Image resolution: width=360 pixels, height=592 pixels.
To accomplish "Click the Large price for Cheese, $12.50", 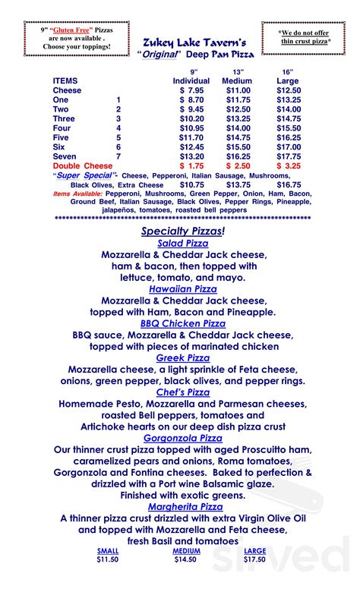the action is click(289, 90).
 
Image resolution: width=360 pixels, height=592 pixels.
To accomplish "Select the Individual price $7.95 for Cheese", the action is click(191, 90).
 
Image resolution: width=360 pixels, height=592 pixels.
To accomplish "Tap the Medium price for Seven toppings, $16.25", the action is click(238, 156).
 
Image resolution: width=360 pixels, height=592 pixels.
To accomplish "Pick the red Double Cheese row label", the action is click(77, 165).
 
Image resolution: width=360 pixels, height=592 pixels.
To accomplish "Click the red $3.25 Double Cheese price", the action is click(289, 165).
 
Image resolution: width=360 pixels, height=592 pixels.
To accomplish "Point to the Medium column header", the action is click(237, 80).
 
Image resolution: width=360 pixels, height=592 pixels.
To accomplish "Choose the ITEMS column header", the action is click(65, 80).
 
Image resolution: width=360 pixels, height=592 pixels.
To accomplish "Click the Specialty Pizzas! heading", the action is click(182, 231).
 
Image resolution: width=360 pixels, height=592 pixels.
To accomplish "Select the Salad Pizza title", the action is click(182, 244).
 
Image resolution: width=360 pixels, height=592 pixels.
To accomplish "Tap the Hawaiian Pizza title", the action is click(182, 289).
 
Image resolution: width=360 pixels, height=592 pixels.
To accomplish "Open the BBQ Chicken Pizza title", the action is click(182, 323).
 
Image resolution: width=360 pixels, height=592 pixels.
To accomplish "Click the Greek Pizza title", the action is click(182, 357).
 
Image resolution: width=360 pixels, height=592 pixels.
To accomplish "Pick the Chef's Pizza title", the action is click(182, 392).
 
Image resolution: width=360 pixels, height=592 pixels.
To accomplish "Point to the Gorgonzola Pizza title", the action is click(182, 438).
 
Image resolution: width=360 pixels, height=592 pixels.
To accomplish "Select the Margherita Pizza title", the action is click(182, 506).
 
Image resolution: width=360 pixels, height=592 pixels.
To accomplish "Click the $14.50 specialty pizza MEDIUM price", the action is click(186, 559).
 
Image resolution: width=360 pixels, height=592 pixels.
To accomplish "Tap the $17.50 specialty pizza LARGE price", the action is click(255, 559).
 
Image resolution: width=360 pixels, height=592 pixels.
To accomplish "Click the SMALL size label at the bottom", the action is click(109, 551).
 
